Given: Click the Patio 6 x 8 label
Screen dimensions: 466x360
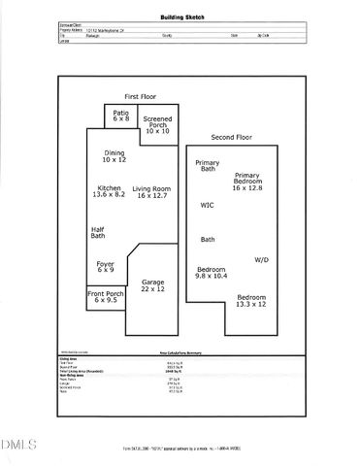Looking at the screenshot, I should point(120,116).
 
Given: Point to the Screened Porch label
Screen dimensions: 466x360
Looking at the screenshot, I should point(157,124).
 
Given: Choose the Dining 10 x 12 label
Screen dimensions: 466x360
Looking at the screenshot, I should point(115,156).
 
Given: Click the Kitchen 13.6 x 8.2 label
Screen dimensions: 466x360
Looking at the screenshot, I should point(112,192).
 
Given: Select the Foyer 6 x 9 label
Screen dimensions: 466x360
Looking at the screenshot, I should point(105,266).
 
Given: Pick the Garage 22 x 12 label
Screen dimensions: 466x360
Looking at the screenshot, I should point(153,286).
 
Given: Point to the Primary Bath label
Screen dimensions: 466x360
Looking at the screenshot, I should point(208,165).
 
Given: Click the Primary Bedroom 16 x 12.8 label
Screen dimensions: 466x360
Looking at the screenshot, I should point(247,182).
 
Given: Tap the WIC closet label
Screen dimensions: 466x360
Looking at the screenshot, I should point(207,205).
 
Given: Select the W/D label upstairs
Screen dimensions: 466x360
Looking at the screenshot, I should point(262,260).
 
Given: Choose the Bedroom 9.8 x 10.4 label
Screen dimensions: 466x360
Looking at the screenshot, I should point(213,272).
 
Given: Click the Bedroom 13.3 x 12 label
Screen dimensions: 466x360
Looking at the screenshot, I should point(251,300).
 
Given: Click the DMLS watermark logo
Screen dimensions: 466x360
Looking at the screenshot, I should point(17,446).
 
